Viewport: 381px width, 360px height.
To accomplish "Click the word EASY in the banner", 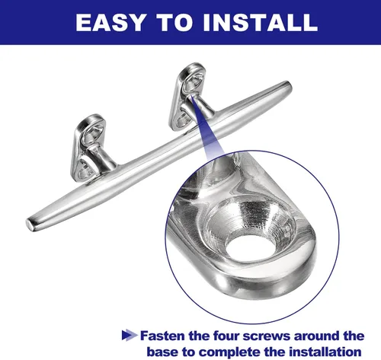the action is tap(111, 22).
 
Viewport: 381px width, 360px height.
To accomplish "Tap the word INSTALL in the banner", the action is tap(261, 22).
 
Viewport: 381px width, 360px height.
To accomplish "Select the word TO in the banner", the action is tap(174, 22).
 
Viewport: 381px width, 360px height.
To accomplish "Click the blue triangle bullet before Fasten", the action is tap(130, 335).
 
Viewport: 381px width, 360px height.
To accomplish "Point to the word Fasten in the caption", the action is tap(162, 336).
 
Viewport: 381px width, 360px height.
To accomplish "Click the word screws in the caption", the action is tap(266, 336).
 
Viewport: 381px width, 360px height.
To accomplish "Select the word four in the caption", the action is tap(226, 336).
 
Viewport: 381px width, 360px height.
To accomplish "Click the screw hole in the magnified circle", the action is tap(250, 247).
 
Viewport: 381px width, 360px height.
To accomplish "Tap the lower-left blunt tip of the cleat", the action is tap(30, 224).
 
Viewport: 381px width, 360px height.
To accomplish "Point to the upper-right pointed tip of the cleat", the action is tap(289, 84).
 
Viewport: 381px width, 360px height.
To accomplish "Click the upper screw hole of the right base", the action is tap(193, 80).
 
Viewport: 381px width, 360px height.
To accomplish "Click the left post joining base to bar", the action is tap(101, 158).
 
